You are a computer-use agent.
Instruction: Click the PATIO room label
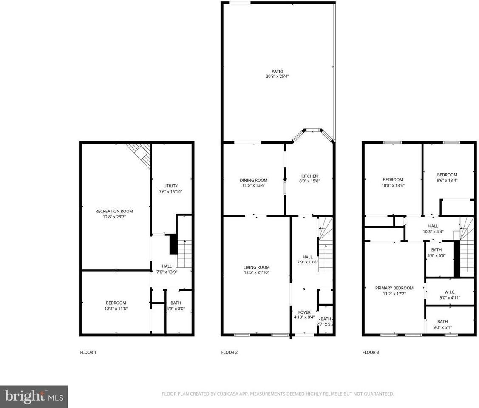click(x=277, y=71)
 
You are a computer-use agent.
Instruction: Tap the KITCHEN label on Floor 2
click(x=309, y=176)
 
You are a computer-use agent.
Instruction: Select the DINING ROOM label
click(x=253, y=180)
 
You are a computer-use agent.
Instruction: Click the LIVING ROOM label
click(x=256, y=267)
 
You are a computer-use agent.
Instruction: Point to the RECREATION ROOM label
click(x=114, y=211)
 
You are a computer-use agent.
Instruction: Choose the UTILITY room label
click(x=170, y=186)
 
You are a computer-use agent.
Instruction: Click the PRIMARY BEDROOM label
click(x=394, y=288)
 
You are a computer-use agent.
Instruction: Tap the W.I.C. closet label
click(x=450, y=292)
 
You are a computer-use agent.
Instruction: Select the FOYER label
click(x=304, y=312)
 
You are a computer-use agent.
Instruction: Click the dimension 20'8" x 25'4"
click(x=277, y=76)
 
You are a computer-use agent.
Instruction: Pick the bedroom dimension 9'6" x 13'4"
click(x=447, y=180)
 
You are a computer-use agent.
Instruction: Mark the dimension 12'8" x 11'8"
click(x=116, y=309)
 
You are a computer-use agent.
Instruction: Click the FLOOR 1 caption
click(x=88, y=352)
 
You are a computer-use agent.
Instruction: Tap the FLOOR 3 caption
click(x=370, y=352)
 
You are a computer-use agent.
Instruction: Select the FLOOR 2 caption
click(x=229, y=352)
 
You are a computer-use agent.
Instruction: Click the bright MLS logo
click(x=34, y=397)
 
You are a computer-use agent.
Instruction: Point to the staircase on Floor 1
click(x=184, y=254)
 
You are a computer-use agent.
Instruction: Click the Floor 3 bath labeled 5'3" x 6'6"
click(x=436, y=252)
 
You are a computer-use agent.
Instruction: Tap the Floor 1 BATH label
click(x=175, y=303)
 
